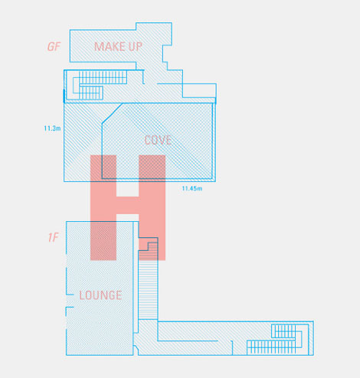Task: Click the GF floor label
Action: pos(54,47)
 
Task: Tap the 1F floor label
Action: pos(54,238)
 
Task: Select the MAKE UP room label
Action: pos(118,47)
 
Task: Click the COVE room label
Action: pos(158,140)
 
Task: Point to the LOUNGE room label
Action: pos(100,295)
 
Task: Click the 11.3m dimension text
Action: pos(52,129)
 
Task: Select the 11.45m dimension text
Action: pos(192,188)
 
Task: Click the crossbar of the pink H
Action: pos(128,205)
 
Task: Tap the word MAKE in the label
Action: pos(110,47)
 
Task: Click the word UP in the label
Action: pos(136,47)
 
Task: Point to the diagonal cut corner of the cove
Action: pos(112,113)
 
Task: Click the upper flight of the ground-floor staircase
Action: pos(103,77)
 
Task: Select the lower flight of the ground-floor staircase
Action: pos(91,93)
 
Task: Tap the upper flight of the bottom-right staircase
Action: pos(283,331)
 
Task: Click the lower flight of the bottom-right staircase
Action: pos(271,347)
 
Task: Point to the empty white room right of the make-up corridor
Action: pos(199,90)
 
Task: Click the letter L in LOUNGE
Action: pos(82,295)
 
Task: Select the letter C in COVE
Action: pos(148,140)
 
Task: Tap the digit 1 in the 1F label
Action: pos(50,238)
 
